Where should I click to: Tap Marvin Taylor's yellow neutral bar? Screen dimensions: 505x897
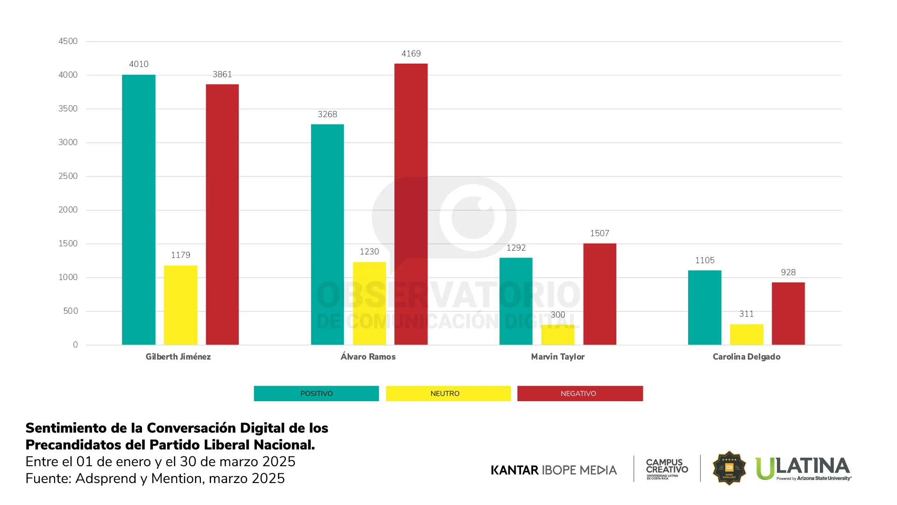click(558, 335)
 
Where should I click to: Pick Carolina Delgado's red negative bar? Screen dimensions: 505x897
click(788, 313)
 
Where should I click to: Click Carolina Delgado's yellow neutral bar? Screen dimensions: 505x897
click(747, 334)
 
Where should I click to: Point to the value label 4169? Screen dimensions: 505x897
click(411, 54)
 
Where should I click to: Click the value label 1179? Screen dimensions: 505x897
click(180, 255)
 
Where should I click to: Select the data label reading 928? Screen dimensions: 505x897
click(788, 272)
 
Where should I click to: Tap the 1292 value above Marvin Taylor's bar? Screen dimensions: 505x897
click(516, 248)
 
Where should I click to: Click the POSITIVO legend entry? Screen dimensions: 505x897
click(316, 393)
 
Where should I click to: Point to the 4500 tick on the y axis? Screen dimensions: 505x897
click(68, 41)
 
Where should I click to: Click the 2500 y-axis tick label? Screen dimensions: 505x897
click(68, 176)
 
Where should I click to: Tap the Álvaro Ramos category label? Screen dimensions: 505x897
click(368, 357)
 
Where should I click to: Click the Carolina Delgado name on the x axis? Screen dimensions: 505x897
click(747, 357)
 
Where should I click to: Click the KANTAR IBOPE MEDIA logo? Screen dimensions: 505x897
click(554, 470)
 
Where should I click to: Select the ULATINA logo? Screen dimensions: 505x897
click(803, 468)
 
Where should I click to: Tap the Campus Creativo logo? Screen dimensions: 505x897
click(667, 469)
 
